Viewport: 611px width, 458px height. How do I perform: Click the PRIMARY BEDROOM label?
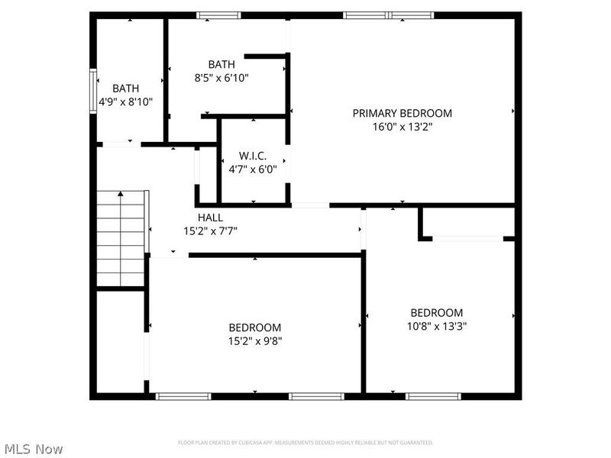pyautogui.click(x=402, y=114)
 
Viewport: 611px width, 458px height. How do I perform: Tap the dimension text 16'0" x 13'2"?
pyautogui.click(x=402, y=127)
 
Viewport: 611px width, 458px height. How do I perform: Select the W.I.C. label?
pyautogui.click(x=253, y=156)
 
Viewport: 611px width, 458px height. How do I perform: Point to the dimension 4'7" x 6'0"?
pyautogui.click(x=253, y=169)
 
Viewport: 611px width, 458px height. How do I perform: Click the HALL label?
pyautogui.click(x=210, y=218)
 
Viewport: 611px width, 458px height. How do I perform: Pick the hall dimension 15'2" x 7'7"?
pyautogui.click(x=210, y=231)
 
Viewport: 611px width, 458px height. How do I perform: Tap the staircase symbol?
pyautogui.click(x=121, y=238)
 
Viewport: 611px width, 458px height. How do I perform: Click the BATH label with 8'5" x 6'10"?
pyautogui.click(x=221, y=64)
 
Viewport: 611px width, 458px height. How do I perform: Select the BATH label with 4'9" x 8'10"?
pyautogui.click(x=126, y=88)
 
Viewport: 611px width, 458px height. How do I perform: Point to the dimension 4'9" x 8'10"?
pyautogui.click(x=126, y=101)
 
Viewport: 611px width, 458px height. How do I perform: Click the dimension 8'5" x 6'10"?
pyautogui.click(x=221, y=77)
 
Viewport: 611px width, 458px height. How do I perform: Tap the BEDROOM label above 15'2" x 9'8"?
pyautogui.click(x=255, y=327)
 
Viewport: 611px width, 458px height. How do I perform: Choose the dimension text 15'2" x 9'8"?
pyautogui.click(x=255, y=340)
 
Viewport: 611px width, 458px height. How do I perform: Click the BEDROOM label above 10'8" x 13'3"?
pyautogui.click(x=437, y=312)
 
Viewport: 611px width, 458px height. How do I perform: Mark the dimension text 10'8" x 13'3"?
pyautogui.click(x=437, y=325)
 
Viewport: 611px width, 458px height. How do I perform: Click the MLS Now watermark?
pyautogui.click(x=33, y=449)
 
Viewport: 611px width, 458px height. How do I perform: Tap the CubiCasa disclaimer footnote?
pyautogui.click(x=305, y=442)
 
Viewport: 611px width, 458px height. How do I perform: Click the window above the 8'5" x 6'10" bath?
pyautogui.click(x=218, y=15)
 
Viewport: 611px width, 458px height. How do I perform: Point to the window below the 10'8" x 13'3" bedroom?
pyautogui.click(x=432, y=396)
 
